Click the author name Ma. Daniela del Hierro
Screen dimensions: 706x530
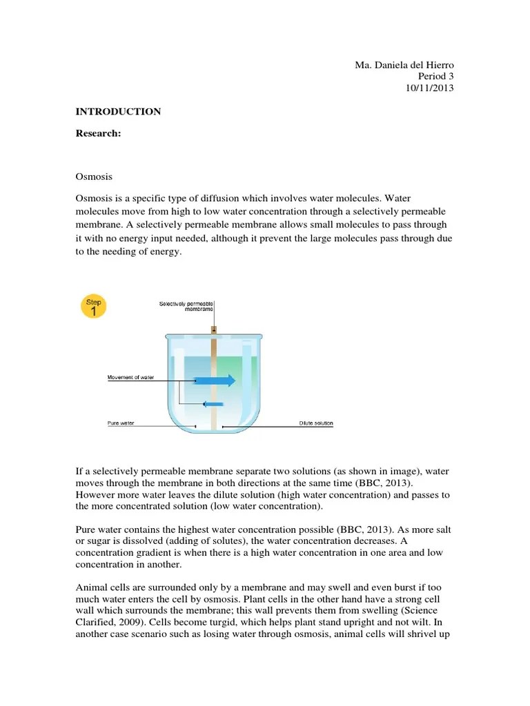404,65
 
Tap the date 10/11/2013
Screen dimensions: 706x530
429,88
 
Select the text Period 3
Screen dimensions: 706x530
436,77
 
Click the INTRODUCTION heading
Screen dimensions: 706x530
118,111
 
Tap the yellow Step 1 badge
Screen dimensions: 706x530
93,306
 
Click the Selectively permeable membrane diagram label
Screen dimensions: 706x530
186,306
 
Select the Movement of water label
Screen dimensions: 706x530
130,377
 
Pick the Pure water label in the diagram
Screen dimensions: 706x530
120,423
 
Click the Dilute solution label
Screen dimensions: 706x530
316,423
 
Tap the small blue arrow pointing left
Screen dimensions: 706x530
213,404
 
